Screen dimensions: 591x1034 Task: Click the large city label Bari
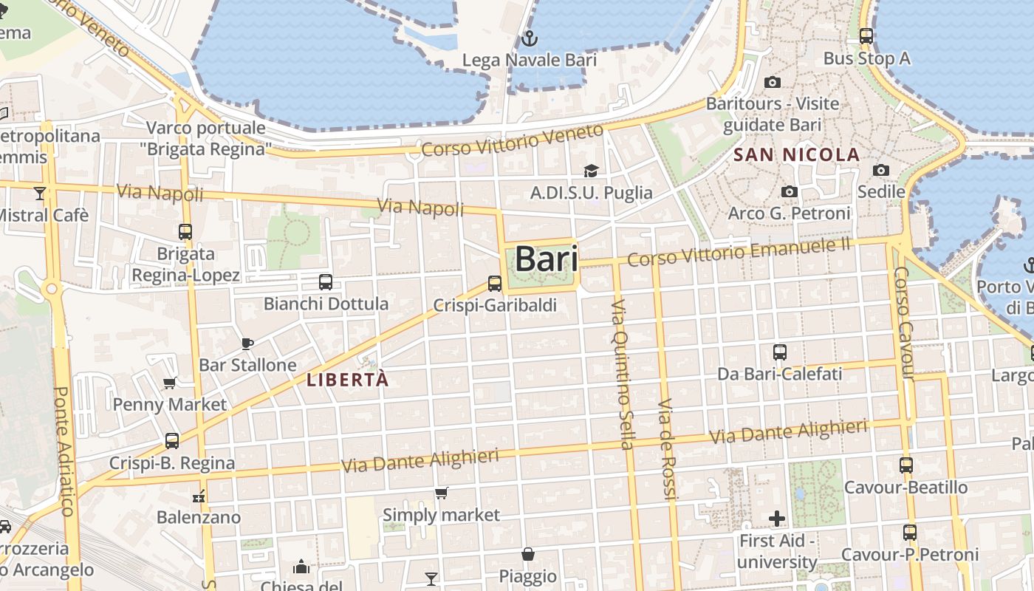click(547, 259)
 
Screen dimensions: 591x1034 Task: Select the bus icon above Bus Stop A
click(866, 35)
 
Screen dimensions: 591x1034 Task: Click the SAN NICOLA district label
click(798, 155)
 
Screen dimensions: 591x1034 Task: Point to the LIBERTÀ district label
click(347, 380)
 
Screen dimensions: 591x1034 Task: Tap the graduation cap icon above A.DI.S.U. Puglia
click(591, 171)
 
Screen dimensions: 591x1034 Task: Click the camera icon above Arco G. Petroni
click(789, 192)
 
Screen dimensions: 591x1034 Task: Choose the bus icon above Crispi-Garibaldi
click(495, 283)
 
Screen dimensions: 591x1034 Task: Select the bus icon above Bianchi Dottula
click(326, 281)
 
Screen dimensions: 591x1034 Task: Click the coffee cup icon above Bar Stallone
click(247, 344)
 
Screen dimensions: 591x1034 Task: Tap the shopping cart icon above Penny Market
click(170, 383)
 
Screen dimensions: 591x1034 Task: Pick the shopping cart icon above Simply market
click(442, 493)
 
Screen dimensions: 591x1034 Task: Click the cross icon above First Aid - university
click(777, 519)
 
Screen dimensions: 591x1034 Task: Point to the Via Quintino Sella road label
click(623, 374)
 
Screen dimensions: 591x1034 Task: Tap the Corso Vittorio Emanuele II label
click(739, 252)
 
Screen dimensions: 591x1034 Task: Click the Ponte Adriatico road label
click(64, 451)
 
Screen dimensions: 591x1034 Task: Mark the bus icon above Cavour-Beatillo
click(906, 465)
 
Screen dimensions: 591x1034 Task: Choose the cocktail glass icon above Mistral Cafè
click(40, 194)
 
